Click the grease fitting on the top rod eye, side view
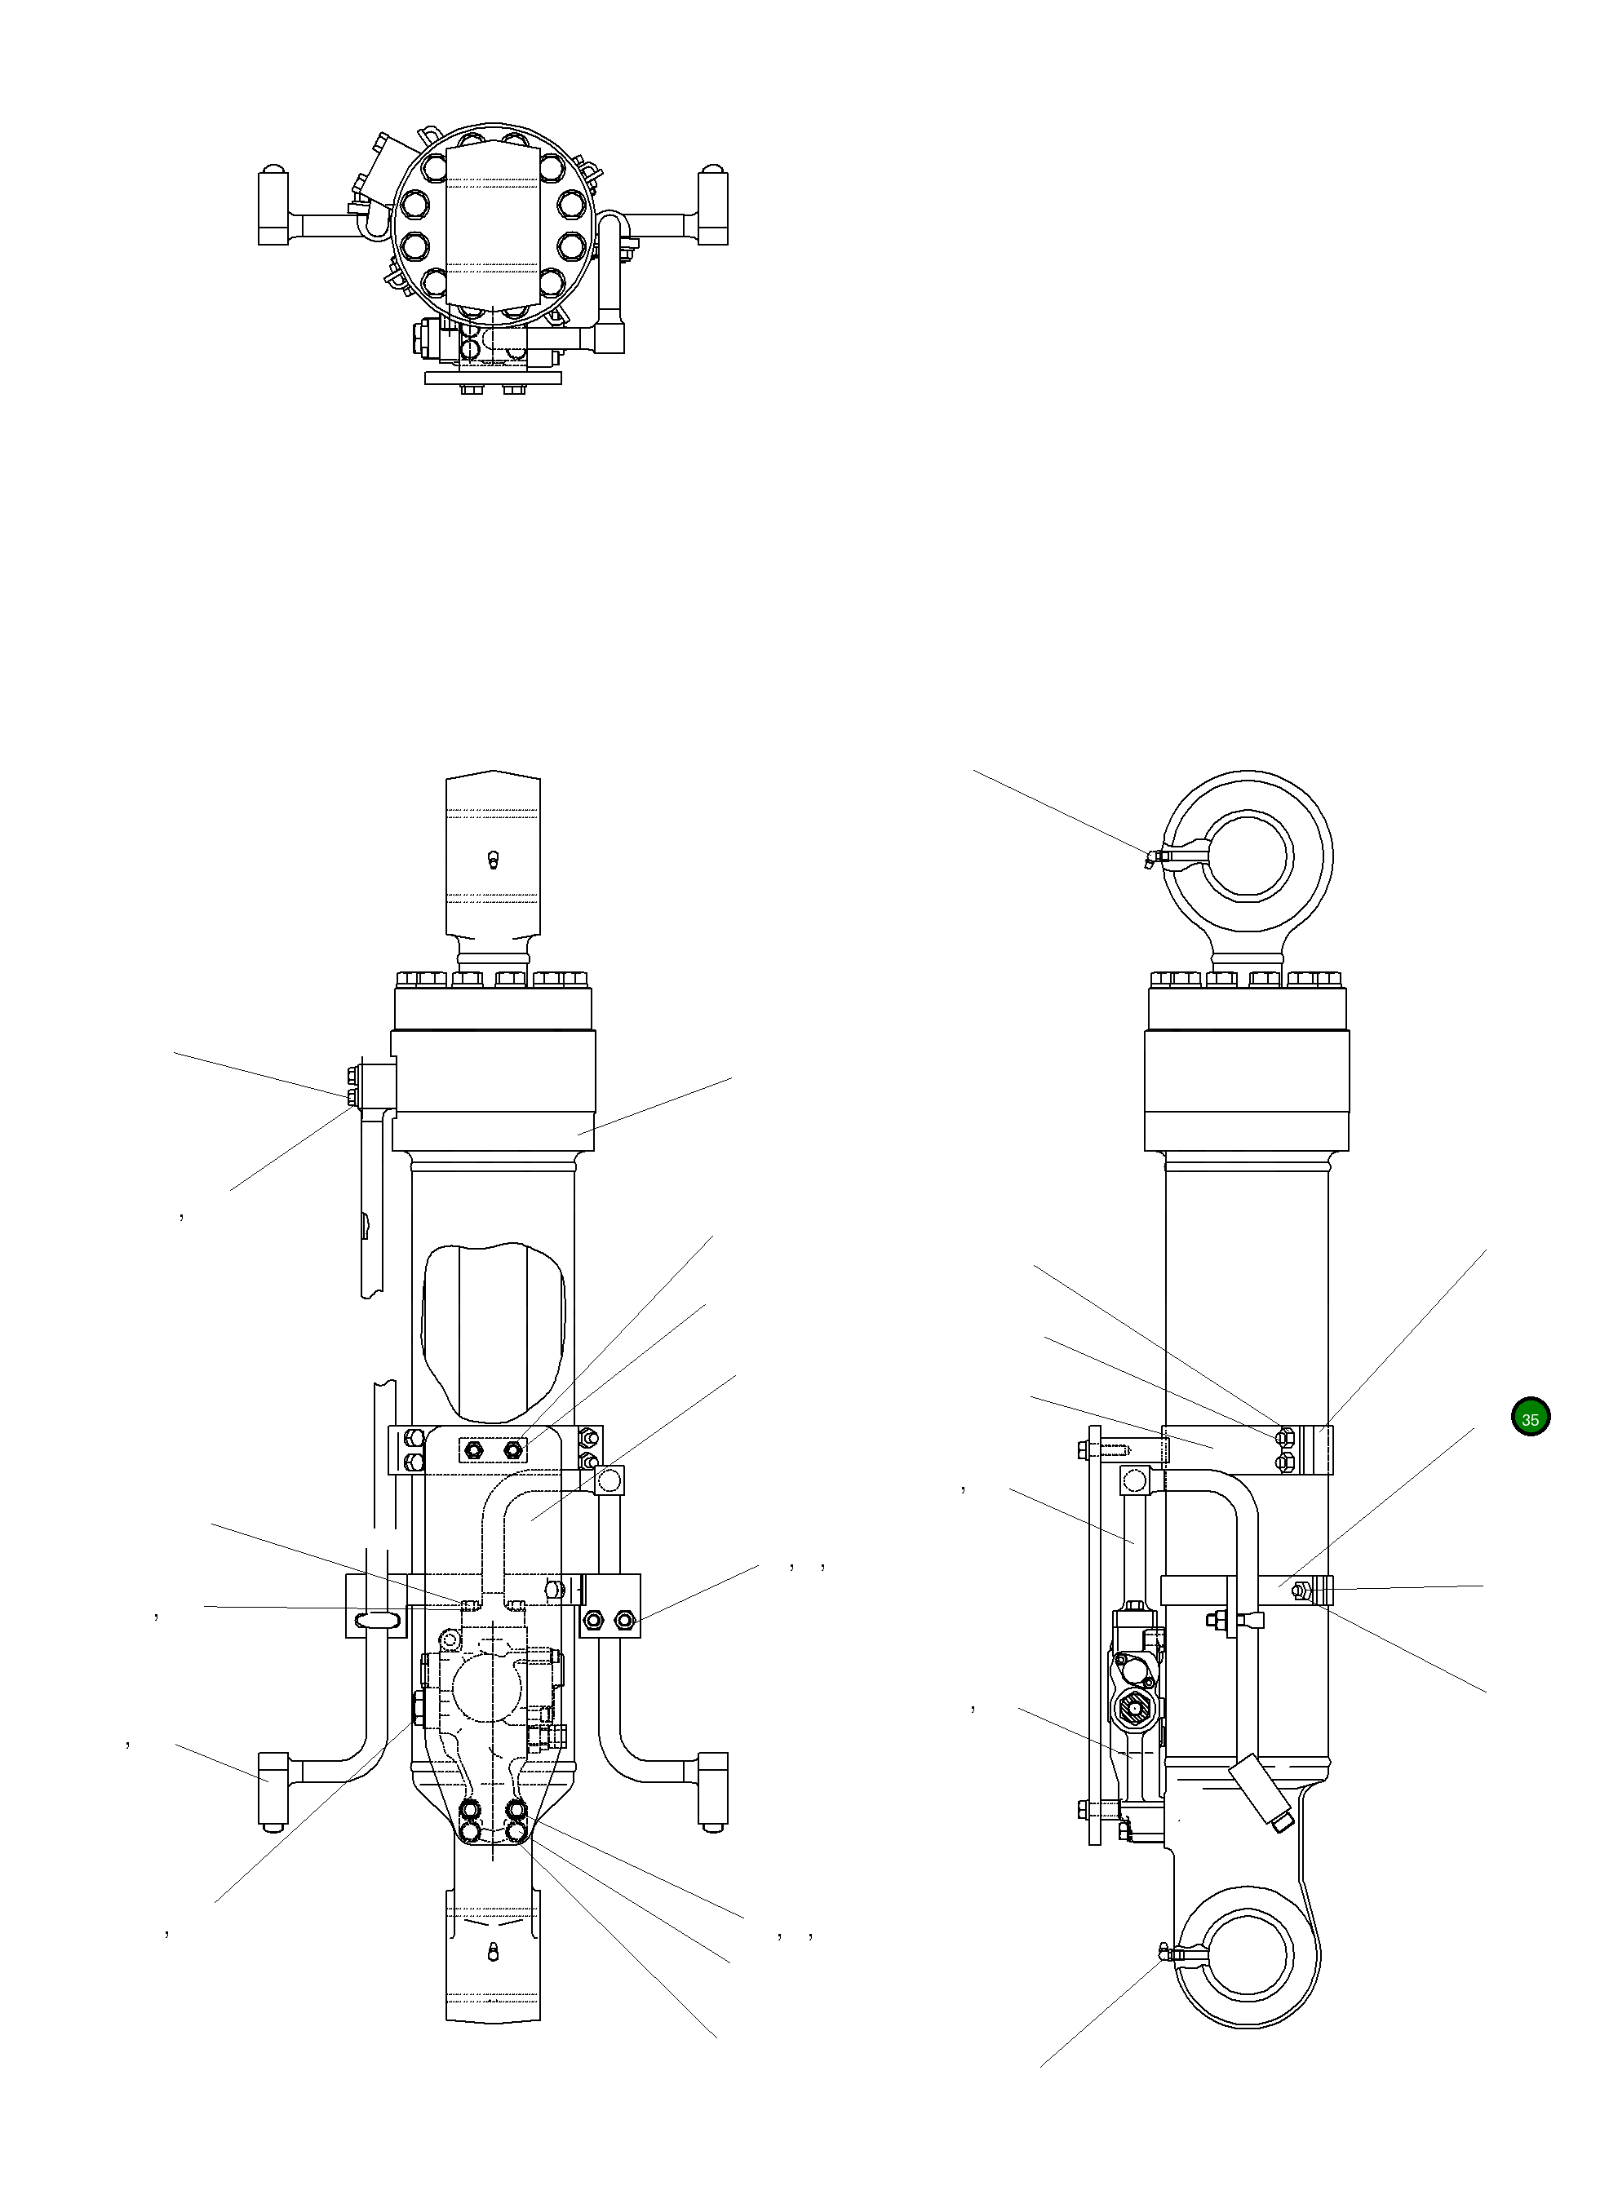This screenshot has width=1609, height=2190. click(1151, 859)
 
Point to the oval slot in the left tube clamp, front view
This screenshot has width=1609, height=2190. click(376, 1618)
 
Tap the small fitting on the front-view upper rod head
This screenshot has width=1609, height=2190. click(493, 860)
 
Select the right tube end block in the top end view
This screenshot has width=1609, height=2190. click(714, 207)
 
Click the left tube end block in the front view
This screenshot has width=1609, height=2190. click(273, 1788)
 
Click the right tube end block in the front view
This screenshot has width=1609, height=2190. click(713, 1788)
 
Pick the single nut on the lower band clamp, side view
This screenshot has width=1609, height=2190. click(1298, 1591)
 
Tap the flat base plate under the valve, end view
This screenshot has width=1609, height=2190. click(494, 377)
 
